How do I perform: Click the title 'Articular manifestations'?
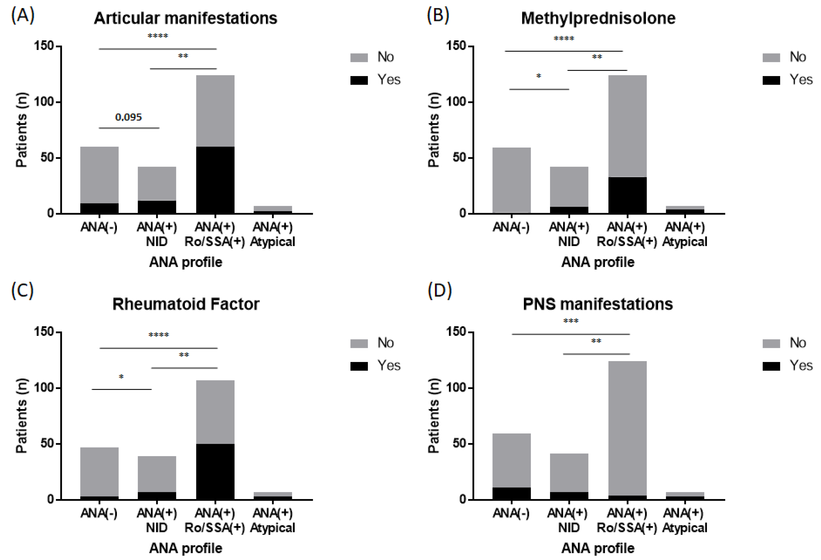[x=185, y=18]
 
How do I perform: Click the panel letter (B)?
[x=438, y=16]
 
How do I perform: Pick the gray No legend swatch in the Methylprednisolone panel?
[x=771, y=58]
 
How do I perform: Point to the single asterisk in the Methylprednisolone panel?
[x=539, y=76]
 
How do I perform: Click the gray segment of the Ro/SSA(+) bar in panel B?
[x=627, y=125]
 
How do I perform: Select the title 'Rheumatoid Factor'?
[x=186, y=304]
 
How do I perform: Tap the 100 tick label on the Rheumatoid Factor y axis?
[x=43, y=388]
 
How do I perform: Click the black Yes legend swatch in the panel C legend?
[x=359, y=366]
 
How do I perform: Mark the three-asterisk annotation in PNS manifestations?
[x=570, y=321]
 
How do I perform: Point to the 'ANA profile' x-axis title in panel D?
[x=598, y=548]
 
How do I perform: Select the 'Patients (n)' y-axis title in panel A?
[x=21, y=130]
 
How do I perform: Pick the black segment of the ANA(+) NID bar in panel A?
[x=157, y=207]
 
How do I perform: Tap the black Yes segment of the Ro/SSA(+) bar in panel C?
[x=215, y=471]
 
